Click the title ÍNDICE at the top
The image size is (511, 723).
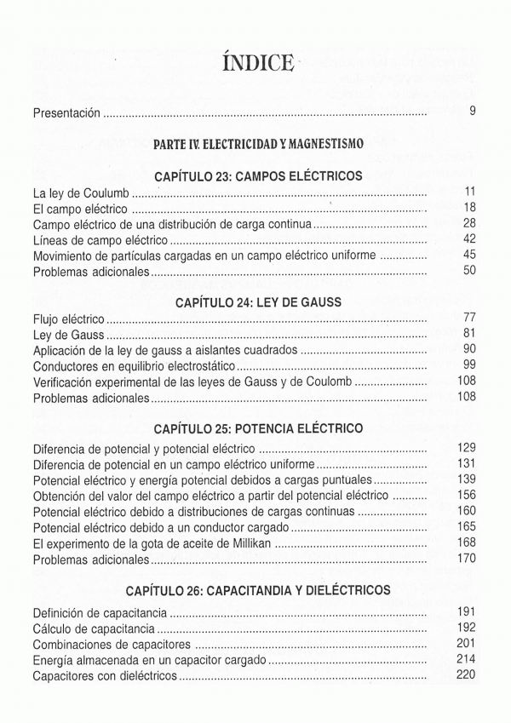(x=255, y=63)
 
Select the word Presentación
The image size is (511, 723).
(x=66, y=112)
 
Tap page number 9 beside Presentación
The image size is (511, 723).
(x=472, y=112)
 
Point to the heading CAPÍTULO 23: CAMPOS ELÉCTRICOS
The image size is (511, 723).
(x=258, y=176)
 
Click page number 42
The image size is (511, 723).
(x=468, y=239)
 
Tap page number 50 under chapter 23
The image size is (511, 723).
(x=468, y=271)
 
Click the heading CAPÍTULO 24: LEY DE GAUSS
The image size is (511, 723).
(x=258, y=302)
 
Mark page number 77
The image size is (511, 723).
(x=468, y=318)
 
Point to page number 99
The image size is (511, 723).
(x=468, y=365)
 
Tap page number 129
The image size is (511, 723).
(x=465, y=448)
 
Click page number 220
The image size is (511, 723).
(x=465, y=674)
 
